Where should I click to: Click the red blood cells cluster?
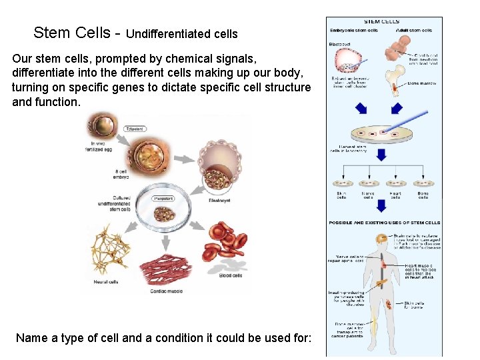(x=230, y=247)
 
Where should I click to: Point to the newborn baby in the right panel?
(x=397, y=47)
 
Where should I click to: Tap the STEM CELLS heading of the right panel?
(x=382, y=22)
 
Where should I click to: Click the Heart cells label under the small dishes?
(x=395, y=195)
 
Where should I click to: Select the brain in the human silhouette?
(x=382, y=238)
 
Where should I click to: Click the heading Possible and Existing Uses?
(x=384, y=222)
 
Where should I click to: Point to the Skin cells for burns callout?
(x=415, y=305)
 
